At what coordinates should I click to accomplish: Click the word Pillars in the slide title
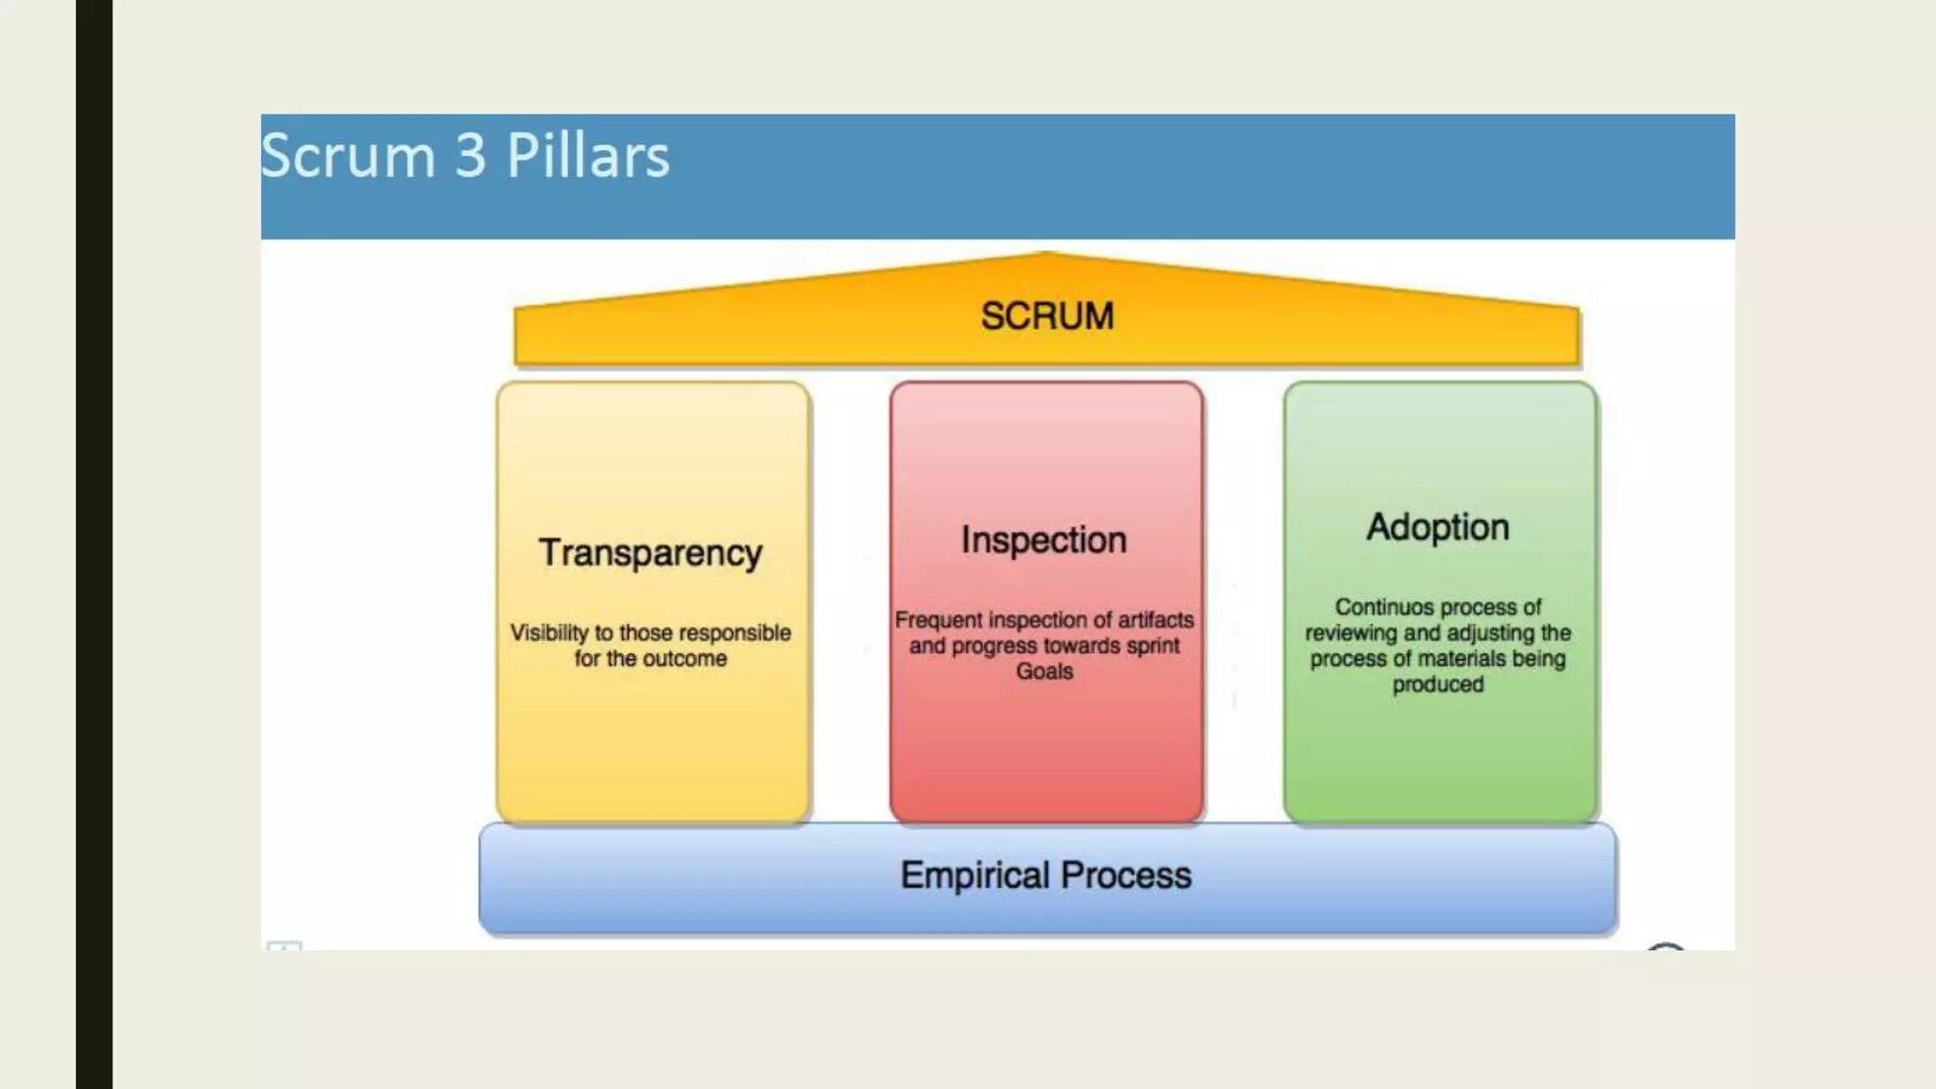(x=588, y=156)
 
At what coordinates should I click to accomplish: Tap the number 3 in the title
(x=470, y=156)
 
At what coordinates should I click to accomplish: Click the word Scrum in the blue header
(x=347, y=156)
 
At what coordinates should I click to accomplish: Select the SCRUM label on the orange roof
(x=1047, y=316)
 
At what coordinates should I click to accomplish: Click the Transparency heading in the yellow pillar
(x=650, y=553)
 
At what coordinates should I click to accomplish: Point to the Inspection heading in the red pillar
(x=1045, y=540)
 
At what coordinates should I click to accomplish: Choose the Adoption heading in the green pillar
(x=1438, y=527)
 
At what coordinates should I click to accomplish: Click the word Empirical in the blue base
(x=974, y=875)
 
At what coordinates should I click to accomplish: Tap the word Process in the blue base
(x=1126, y=875)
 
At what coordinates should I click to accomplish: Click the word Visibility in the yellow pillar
(x=549, y=632)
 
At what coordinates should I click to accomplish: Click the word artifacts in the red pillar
(x=1156, y=620)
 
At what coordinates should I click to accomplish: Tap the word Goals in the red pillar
(x=1045, y=671)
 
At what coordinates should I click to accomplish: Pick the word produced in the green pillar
(x=1438, y=684)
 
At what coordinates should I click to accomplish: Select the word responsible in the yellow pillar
(x=735, y=632)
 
